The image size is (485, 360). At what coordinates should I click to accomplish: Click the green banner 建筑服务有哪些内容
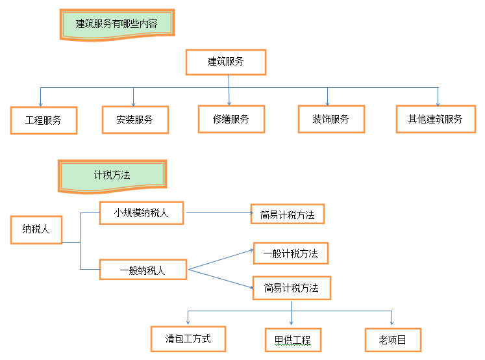(117, 24)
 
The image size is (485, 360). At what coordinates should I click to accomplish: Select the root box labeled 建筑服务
(226, 62)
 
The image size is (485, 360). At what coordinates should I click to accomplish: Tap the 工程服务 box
(44, 120)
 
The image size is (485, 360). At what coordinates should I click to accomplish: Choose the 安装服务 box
(135, 120)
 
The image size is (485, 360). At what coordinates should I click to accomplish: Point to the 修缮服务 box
(230, 119)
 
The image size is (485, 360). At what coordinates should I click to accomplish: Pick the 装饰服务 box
(330, 119)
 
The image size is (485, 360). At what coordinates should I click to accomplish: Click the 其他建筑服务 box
(436, 119)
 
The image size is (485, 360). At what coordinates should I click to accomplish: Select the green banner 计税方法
(112, 175)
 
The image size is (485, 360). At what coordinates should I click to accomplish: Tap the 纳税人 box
(36, 229)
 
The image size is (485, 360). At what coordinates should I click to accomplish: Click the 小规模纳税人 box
(142, 212)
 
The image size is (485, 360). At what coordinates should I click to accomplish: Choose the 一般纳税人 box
(143, 270)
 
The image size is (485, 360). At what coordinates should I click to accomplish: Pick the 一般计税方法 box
(290, 253)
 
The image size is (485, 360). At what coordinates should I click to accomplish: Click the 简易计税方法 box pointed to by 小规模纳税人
(287, 214)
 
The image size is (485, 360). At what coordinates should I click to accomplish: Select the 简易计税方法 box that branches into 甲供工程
(291, 287)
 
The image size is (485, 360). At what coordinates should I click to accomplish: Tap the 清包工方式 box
(188, 339)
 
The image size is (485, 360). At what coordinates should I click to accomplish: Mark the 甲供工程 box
(293, 340)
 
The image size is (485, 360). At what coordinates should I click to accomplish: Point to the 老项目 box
(393, 340)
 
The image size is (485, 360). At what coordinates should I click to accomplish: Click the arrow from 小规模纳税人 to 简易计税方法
(218, 212)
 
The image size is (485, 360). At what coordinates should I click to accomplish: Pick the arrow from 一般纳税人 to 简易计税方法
(221, 277)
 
